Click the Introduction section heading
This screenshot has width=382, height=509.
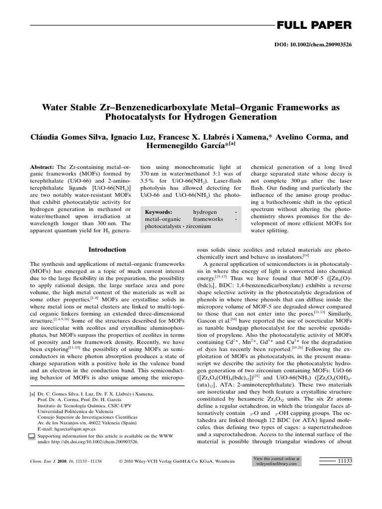pos(107,250)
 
